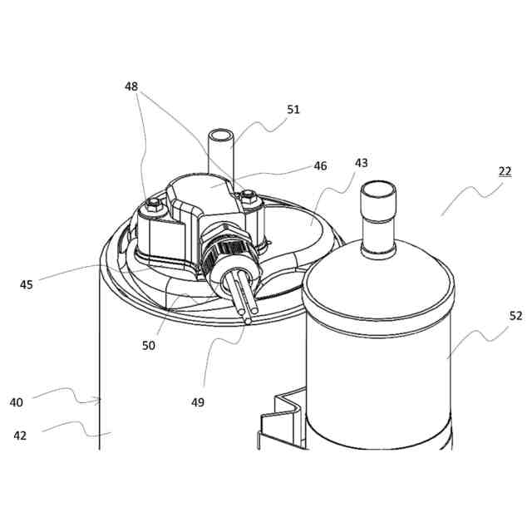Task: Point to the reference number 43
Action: coord(360,164)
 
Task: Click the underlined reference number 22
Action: coord(505,171)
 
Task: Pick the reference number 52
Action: coord(491,315)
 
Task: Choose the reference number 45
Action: coord(27,284)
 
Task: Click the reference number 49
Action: coord(197,402)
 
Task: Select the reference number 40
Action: coord(17,402)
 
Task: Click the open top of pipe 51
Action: coord(220,135)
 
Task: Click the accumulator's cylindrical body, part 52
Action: coord(378,366)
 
